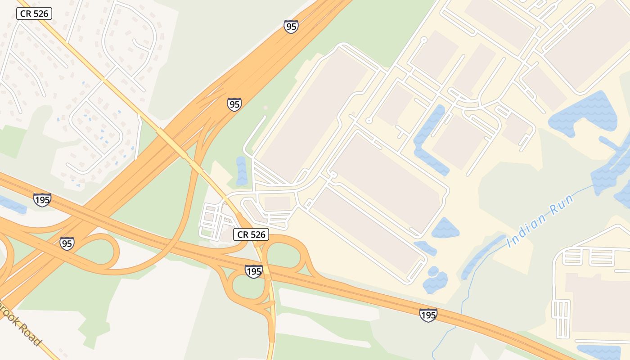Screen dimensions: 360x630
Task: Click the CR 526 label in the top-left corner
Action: [x=34, y=13]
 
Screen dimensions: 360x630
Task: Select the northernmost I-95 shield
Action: [x=291, y=27]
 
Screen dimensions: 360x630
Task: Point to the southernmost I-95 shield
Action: [x=67, y=243]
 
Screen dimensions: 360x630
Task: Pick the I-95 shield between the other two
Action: [x=234, y=104]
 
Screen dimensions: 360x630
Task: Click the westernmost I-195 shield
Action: [x=42, y=199]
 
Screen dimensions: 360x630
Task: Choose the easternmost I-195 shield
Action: [x=428, y=315]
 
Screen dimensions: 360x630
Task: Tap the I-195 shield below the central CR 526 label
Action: [x=254, y=271]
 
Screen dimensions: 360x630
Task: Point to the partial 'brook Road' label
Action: [x=20, y=322]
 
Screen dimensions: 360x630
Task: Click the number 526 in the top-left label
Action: [x=40, y=13]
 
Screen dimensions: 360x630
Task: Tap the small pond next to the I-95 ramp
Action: [x=242, y=171]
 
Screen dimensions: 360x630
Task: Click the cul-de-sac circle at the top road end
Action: [x=423, y=40]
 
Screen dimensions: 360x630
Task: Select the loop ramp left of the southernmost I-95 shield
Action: [x=101, y=252]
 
